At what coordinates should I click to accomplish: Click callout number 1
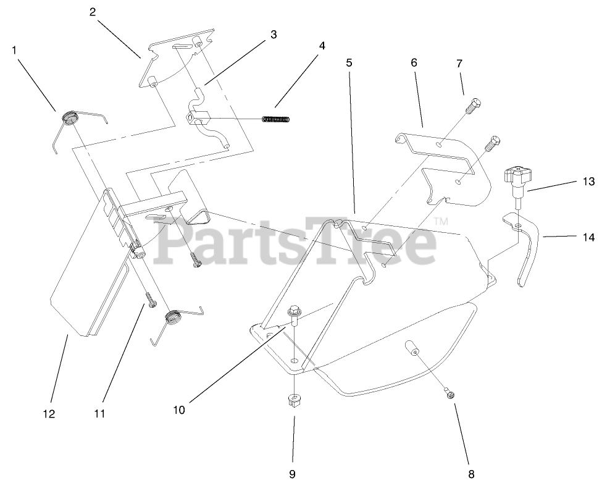coord(14,50)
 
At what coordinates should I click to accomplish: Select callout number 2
coord(93,12)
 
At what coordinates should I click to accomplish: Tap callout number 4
coord(322,45)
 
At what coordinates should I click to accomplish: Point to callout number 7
coord(459,64)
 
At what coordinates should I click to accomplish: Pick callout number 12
coord(49,413)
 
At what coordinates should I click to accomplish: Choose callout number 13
coord(588,182)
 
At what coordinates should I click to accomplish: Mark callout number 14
coord(588,235)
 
